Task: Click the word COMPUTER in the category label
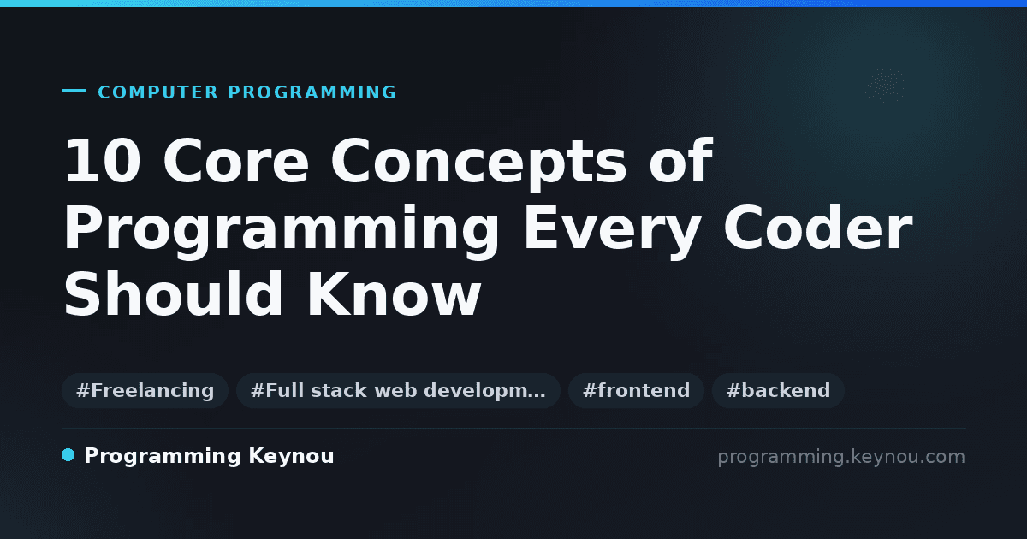pyautogui.click(x=157, y=92)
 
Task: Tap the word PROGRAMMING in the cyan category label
pyautogui.click(x=312, y=92)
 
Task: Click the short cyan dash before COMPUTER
pyautogui.click(x=74, y=91)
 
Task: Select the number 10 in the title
pyautogui.click(x=103, y=161)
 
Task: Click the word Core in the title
pyautogui.click(x=236, y=161)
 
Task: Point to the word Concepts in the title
pyautogui.click(x=478, y=164)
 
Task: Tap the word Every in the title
pyautogui.click(x=612, y=232)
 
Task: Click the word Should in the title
pyautogui.click(x=173, y=293)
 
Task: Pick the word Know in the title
pyautogui.click(x=394, y=293)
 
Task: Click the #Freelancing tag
pyautogui.click(x=145, y=390)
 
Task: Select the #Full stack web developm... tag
pyautogui.click(x=398, y=390)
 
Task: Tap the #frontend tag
pyautogui.click(x=636, y=390)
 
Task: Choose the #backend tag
pyautogui.click(x=778, y=390)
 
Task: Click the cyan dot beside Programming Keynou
pyautogui.click(x=68, y=455)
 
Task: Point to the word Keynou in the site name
pyautogui.click(x=291, y=457)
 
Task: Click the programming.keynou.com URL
pyautogui.click(x=841, y=457)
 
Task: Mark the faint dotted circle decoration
pyautogui.click(x=885, y=86)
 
